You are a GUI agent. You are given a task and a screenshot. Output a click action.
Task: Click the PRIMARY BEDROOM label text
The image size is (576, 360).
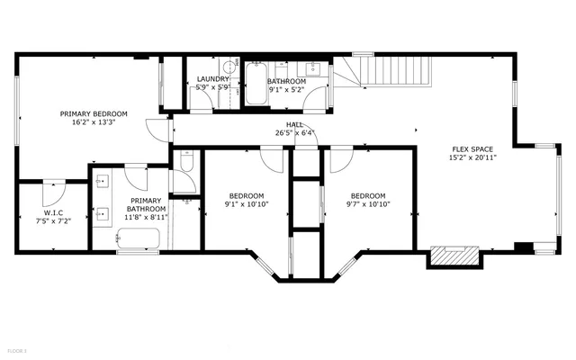tap(94, 114)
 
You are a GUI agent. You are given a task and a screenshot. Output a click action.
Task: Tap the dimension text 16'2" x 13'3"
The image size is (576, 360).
tap(94, 124)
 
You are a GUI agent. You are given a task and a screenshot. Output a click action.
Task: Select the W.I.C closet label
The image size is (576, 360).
tap(52, 211)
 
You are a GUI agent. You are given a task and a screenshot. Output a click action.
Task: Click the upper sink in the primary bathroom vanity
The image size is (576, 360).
tap(103, 181)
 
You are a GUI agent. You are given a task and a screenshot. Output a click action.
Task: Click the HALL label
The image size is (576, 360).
tap(294, 124)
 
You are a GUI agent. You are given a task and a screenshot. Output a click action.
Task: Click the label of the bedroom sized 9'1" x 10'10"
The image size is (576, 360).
tap(246, 196)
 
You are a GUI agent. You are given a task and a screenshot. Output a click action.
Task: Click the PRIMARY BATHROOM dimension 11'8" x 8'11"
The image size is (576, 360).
tap(145, 217)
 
